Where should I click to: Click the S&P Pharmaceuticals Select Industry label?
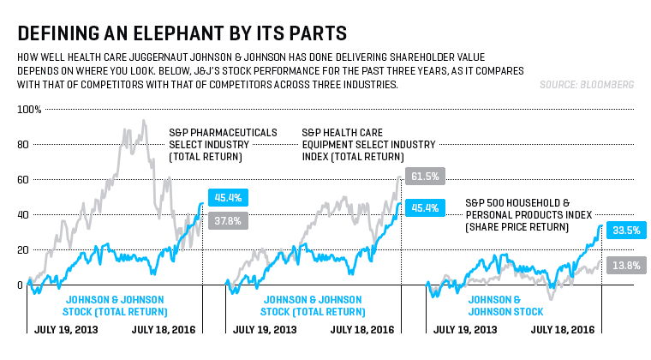pos(223,144)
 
